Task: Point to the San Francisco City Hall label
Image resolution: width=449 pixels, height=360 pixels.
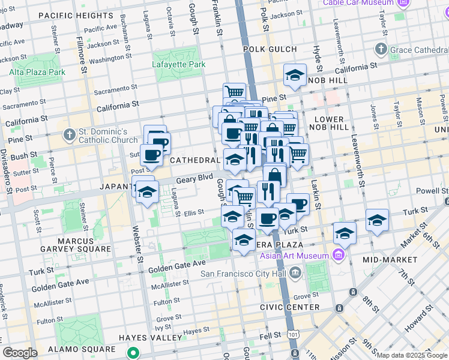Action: tap(244, 274)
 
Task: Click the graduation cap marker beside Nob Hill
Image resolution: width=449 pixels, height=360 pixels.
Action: tap(295, 75)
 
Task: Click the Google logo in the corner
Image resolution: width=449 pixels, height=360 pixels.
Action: tap(20, 353)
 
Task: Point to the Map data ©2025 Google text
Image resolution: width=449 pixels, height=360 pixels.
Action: tap(412, 355)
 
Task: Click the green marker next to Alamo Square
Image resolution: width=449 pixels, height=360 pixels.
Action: tap(136, 353)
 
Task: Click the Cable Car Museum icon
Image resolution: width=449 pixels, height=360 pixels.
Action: tap(404, 3)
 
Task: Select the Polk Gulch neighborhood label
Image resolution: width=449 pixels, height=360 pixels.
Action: tap(270, 49)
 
